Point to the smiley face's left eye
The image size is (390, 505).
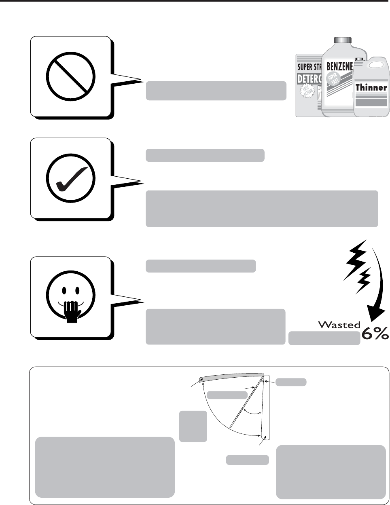click(x=63, y=290)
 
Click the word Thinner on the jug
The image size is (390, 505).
click(x=371, y=87)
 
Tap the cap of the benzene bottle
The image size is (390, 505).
click(x=343, y=40)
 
